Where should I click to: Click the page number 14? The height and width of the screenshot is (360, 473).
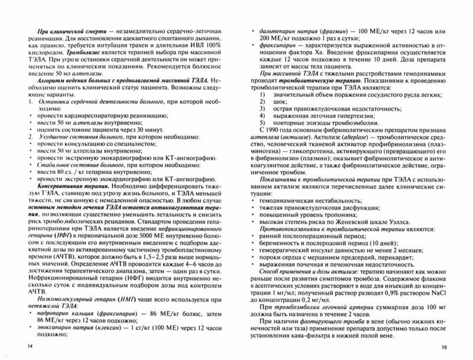23,345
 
